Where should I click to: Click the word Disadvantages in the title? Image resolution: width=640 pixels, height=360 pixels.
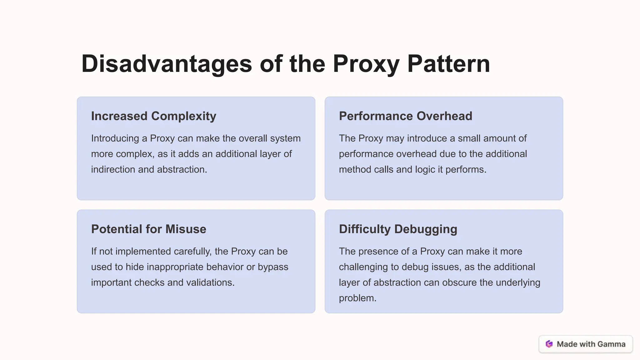(x=167, y=64)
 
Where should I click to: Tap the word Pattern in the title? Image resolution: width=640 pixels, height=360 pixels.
(x=448, y=64)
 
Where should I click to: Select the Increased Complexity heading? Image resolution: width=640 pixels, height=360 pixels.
(x=153, y=116)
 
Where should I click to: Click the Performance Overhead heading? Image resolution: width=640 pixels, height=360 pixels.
(x=405, y=116)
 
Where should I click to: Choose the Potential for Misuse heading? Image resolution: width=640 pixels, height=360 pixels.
(x=148, y=229)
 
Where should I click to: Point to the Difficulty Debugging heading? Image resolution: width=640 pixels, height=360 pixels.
(x=398, y=229)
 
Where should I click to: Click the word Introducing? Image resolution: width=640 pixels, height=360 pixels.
(x=115, y=138)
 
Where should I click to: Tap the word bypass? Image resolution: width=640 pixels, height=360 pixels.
(x=273, y=267)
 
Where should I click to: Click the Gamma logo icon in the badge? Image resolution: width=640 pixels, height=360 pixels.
(x=549, y=344)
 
